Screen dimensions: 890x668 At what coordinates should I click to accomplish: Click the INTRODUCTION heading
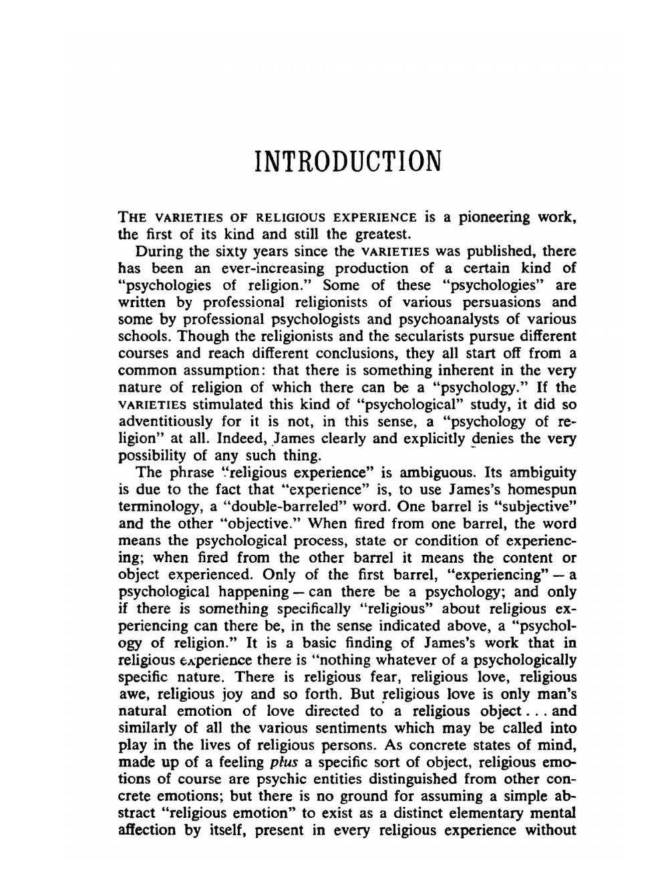[348, 161]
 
